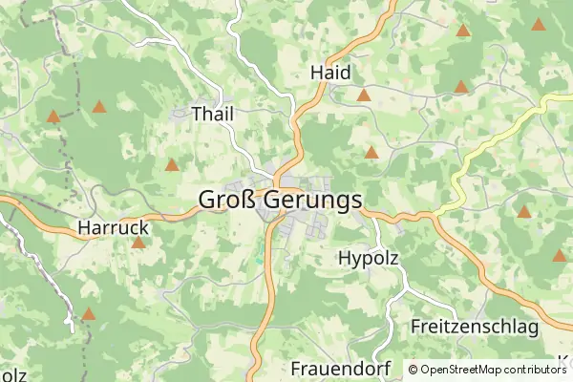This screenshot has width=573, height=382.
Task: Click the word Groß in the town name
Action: coord(225,200)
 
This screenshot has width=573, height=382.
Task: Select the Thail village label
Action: coord(212,114)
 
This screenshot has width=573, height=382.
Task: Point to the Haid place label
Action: coord(330,73)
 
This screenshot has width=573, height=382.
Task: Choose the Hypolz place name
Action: coord(368,258)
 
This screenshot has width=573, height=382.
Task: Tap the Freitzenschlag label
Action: coord(475,327)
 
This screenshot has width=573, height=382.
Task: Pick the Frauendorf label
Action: coord(329,369)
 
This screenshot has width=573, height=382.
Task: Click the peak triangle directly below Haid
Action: coord(364,95)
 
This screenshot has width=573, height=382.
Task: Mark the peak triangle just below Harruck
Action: coord(138,244)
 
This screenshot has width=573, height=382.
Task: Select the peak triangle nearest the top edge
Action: coord(463,31)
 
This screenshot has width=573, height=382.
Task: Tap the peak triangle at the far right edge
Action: coord(559,256)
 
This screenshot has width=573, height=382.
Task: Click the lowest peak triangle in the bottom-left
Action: coord(89,314)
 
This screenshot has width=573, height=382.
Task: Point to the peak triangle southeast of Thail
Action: coord(172,165)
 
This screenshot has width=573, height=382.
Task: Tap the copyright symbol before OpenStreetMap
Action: coord(414,370)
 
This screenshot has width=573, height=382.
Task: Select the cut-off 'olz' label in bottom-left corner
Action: coord(12,373)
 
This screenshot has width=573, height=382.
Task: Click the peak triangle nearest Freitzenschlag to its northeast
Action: coord(523,212)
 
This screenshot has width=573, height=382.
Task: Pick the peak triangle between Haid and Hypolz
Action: coord(371,153)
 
